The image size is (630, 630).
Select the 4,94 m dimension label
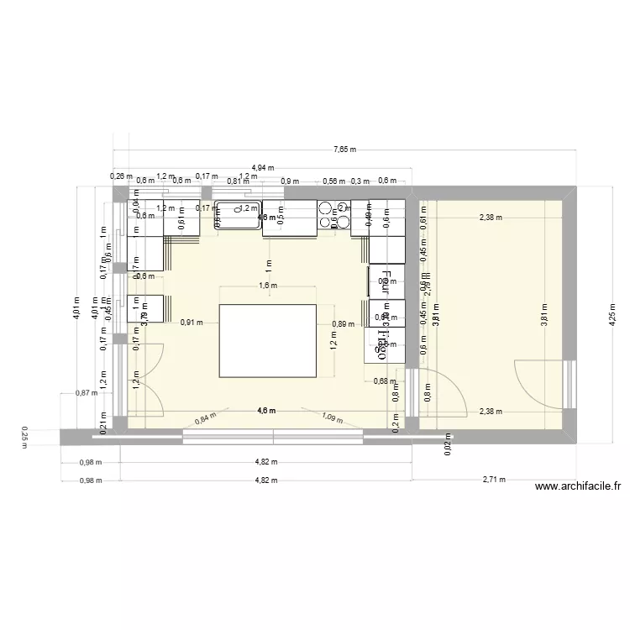point(264,169)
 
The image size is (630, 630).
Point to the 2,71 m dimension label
point(494,480)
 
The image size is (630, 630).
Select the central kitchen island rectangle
point(268,342)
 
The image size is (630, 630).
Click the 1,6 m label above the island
point(268,286)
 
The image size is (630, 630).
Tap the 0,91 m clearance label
point(192,322)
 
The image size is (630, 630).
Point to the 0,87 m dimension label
point(86,392)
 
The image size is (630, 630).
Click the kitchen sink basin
point(239,215)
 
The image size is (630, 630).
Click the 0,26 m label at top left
point(121,176)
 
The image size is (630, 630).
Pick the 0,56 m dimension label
point(334,181)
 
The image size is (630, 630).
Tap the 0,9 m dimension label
point(290,181)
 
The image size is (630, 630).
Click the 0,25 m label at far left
point(24,437)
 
